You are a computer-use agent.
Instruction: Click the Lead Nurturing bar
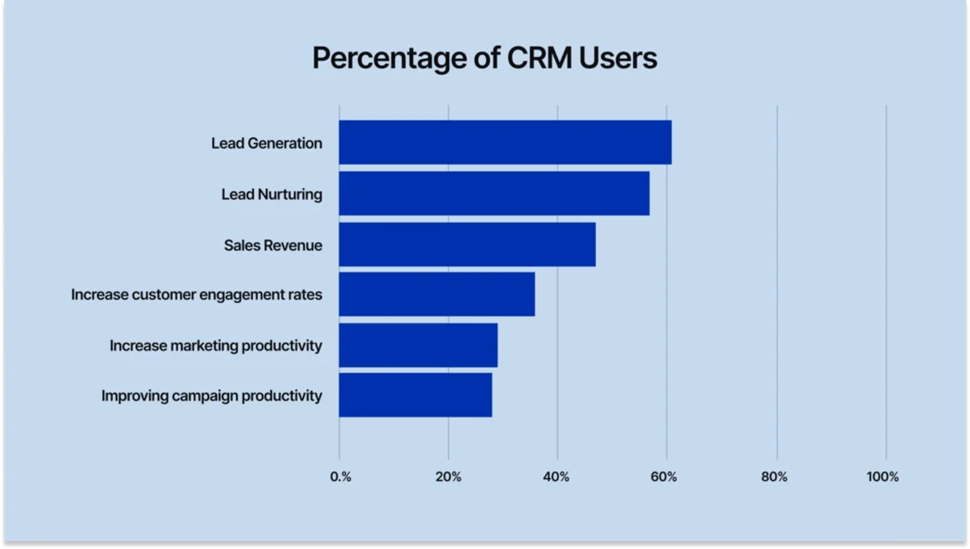tap(494, 193)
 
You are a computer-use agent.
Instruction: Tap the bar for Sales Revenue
tap(467, 244)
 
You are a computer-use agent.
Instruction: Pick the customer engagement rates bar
tap(437, 294)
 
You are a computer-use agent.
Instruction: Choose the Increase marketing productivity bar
tap(418, 345)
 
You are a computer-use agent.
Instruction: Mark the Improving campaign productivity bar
tap(415, 395)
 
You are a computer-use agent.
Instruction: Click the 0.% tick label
tap(340, 477)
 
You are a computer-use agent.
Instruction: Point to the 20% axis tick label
tap(448, 477)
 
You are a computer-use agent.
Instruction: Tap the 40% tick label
tap(556, 477)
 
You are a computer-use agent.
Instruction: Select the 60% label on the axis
tap(664, 477)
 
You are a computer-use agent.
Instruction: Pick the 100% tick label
tap(882, 477)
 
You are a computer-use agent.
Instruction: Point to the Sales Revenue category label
tap(273, 245)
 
